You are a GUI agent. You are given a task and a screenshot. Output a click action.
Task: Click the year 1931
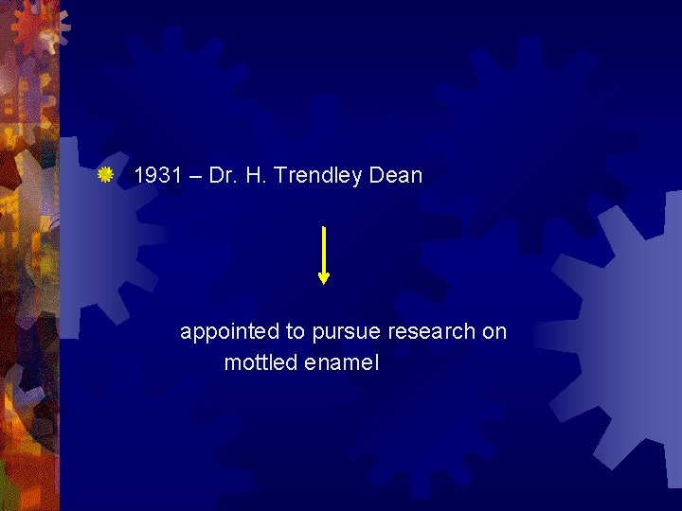click(x=154, y=175)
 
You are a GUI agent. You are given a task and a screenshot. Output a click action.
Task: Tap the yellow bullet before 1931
click(x=106, y=174)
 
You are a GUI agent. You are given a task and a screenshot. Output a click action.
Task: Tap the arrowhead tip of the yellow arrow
click(x=324, y=281)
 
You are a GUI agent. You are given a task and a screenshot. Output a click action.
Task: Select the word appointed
click(x=230, y=332)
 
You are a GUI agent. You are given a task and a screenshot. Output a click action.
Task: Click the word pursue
click(x=343, y=333)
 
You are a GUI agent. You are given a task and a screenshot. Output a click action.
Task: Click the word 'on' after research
click(x=494, y=332)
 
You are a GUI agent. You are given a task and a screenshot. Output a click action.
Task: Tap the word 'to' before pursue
click(x=295, y=332)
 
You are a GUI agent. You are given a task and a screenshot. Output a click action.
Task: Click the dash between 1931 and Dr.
click(x=188, y=176)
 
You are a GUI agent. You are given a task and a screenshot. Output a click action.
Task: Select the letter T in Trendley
click(x=276, y=175)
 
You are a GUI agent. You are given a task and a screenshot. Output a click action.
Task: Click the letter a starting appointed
click(x=186, y=333)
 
